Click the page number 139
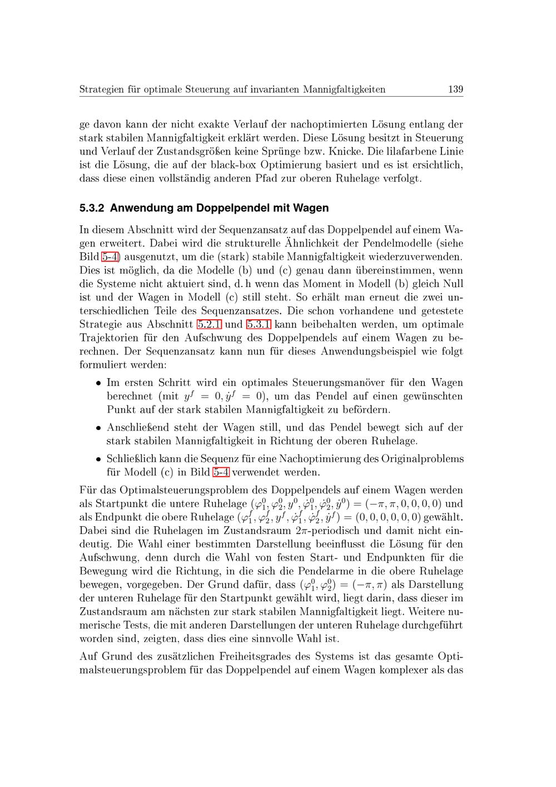455,89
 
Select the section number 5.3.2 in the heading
92,209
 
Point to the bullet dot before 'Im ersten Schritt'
97,383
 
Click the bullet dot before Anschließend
97,428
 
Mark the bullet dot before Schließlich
97,459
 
